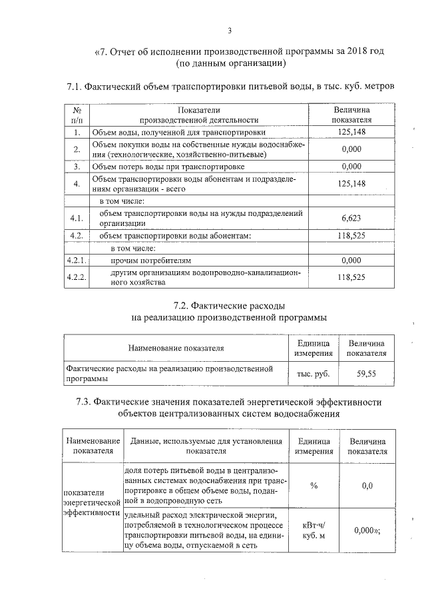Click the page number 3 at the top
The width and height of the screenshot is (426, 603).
[x=229, y=30]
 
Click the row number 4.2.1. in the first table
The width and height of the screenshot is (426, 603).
[x=77, y=260]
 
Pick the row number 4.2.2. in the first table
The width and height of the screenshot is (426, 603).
[x=77, y=277]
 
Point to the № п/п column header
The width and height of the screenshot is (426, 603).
[x=77, y=115]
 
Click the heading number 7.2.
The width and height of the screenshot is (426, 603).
[x=182, y=306]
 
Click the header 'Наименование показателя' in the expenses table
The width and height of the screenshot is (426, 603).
[x=176, y=347]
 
